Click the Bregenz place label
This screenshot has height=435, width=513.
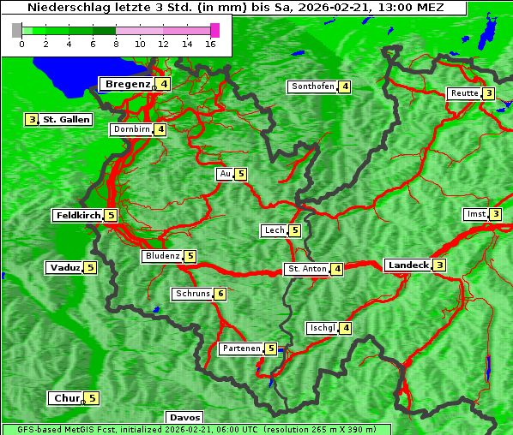pyautogui.click(x=127, y=84)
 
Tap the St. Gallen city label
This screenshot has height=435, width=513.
pyautogui.click(x=66, y=120)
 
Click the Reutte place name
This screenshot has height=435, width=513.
pyautogui.click(x=464, y=93)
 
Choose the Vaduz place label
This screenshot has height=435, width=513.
pyautogui.click(x=65, y=268)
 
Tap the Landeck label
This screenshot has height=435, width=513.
pyautogui.click(x=407, y=265)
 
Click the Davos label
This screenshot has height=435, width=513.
pyautogui.click(x=184, y=418)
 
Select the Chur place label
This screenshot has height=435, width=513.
pyautogui.click(x=66, y=398)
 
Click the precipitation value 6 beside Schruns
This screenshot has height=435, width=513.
pyautogui.click(x=220, y=295)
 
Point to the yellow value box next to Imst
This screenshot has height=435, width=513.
pyautogui.click(x=495, y=214)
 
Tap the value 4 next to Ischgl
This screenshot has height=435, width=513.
pyautogui.click(x=345, y=328)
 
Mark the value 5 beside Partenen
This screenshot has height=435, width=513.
pyautogui.click(x=270, y=349)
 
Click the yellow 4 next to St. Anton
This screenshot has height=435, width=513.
pyautogui.click(x=337, y=269)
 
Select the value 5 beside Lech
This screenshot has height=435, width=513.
pyautogui.click(x=294, y=230)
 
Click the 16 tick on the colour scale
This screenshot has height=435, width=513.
pyautogui.click(x=210, y=44)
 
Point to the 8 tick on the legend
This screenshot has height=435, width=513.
pyautogui.click(x=116, y=44)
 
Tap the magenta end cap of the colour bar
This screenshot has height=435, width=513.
pyautogui.click(x=214, y=30)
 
